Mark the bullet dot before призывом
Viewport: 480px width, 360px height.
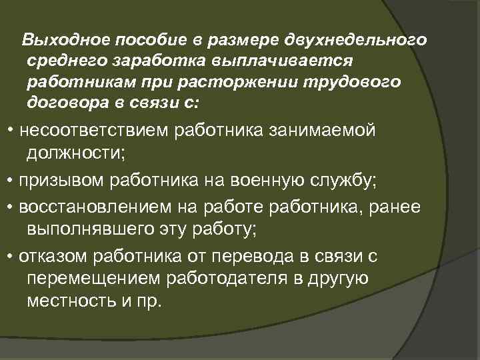point(9,180)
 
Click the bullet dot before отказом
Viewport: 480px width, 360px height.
point(9,257)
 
